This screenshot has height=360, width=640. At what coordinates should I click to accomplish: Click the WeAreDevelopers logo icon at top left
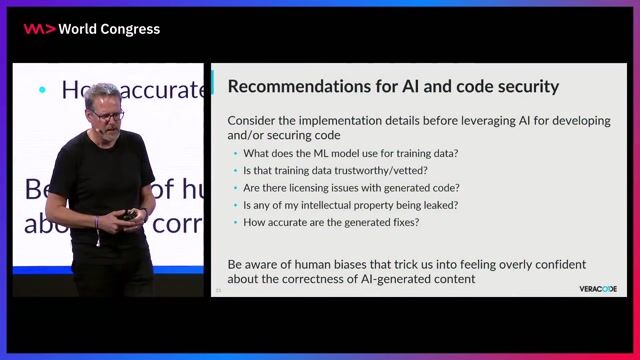39,29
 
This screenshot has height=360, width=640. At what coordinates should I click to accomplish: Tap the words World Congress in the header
109,29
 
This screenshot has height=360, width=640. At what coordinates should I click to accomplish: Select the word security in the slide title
521,87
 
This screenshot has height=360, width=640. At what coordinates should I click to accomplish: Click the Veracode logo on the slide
597,289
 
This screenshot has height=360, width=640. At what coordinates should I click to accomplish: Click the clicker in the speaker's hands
128,214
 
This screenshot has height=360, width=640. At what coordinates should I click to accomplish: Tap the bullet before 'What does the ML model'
235,153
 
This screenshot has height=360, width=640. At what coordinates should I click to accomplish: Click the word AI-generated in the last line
379,279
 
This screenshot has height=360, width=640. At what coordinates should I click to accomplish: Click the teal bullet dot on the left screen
42,90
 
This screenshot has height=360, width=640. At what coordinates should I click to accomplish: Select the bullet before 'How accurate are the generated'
235,221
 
